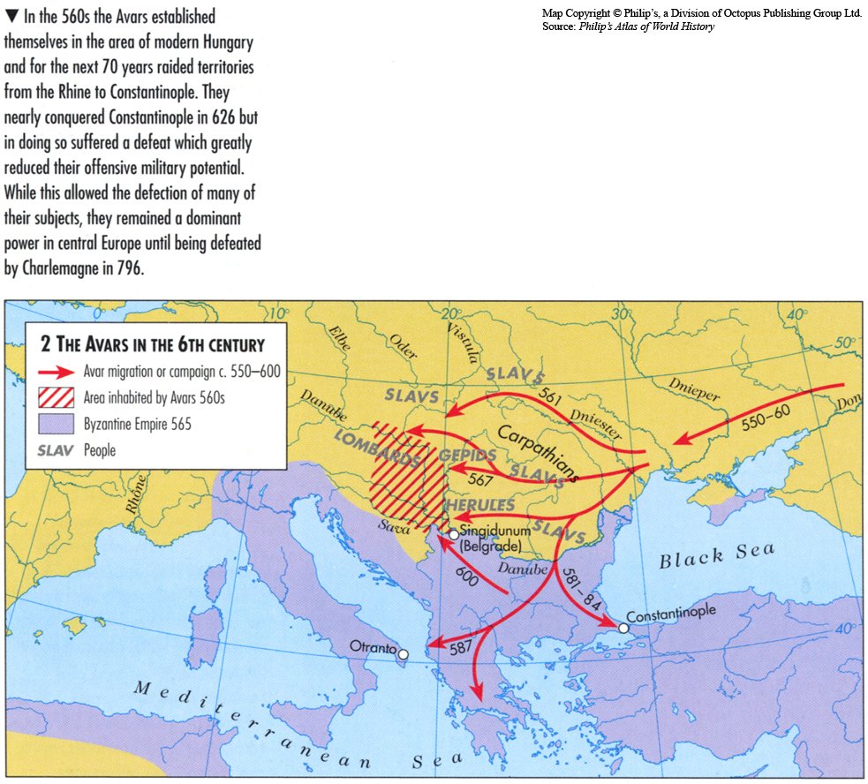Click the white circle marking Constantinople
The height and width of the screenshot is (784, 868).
(623, 629)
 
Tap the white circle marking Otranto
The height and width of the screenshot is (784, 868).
(403, 655)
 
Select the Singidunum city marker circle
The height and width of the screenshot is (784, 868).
(453, 534)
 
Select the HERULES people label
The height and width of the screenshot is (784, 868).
(478, 504)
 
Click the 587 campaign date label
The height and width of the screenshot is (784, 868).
(460, 647)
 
